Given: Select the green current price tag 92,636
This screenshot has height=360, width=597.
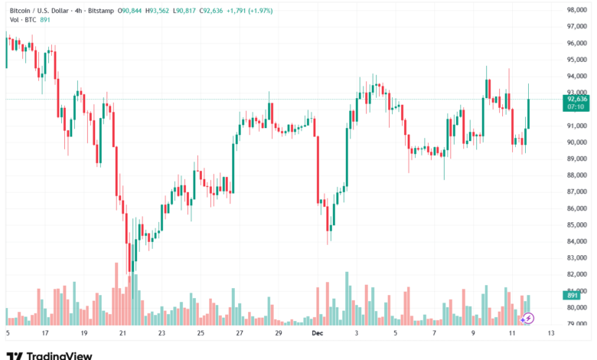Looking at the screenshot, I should click(577, 99).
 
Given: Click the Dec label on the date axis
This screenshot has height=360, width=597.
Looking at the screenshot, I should click(316, 334).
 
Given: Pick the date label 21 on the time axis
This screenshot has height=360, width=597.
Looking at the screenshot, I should click(122, 334).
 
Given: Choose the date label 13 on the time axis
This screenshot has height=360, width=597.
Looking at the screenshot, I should click(550, 334).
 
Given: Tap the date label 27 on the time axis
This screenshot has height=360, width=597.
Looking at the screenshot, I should click(240, 334).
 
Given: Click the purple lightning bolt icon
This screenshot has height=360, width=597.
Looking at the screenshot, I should click(528, 318).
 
